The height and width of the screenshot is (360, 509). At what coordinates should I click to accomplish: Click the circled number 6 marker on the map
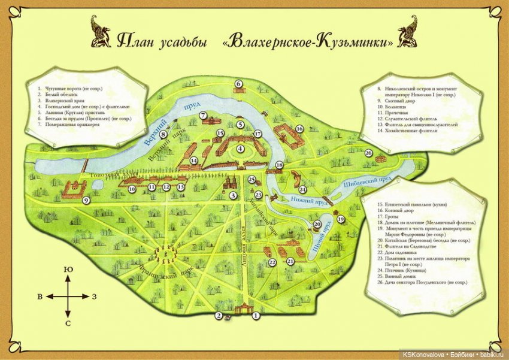coord(238,84)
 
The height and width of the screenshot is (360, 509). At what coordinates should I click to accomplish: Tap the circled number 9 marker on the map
coord(86,201)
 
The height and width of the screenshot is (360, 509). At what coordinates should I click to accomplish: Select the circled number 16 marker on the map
coord(299,129)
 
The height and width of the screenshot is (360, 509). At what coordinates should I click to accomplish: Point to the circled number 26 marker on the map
coord(368,153)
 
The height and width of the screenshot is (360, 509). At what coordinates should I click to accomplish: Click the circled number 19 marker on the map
coord(341,220)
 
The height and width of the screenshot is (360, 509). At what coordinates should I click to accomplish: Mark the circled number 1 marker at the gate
coord(256,315)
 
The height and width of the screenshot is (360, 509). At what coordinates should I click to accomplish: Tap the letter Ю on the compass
coord(68,270)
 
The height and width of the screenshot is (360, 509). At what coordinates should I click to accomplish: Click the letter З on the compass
coord(94,297)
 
